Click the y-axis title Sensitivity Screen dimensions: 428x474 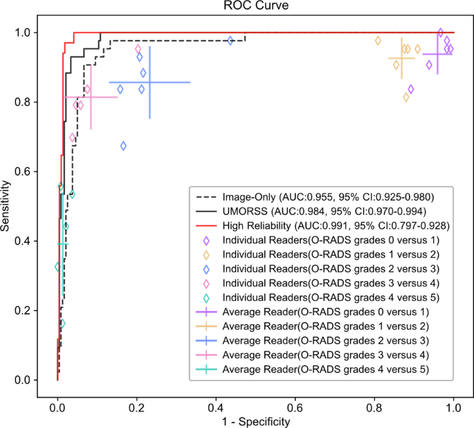tap(7, 206)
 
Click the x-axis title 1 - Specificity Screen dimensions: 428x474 tap(255, 420)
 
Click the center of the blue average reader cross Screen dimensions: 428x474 tap(149, 82)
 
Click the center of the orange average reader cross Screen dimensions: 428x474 tap(401, 59)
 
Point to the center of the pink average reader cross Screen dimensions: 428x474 tap(91, 97)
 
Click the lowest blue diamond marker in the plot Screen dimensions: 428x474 tap(123, 146)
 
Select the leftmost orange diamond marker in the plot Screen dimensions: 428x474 tap(378, 41)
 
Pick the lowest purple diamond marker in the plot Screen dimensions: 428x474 tap(411, 89)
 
